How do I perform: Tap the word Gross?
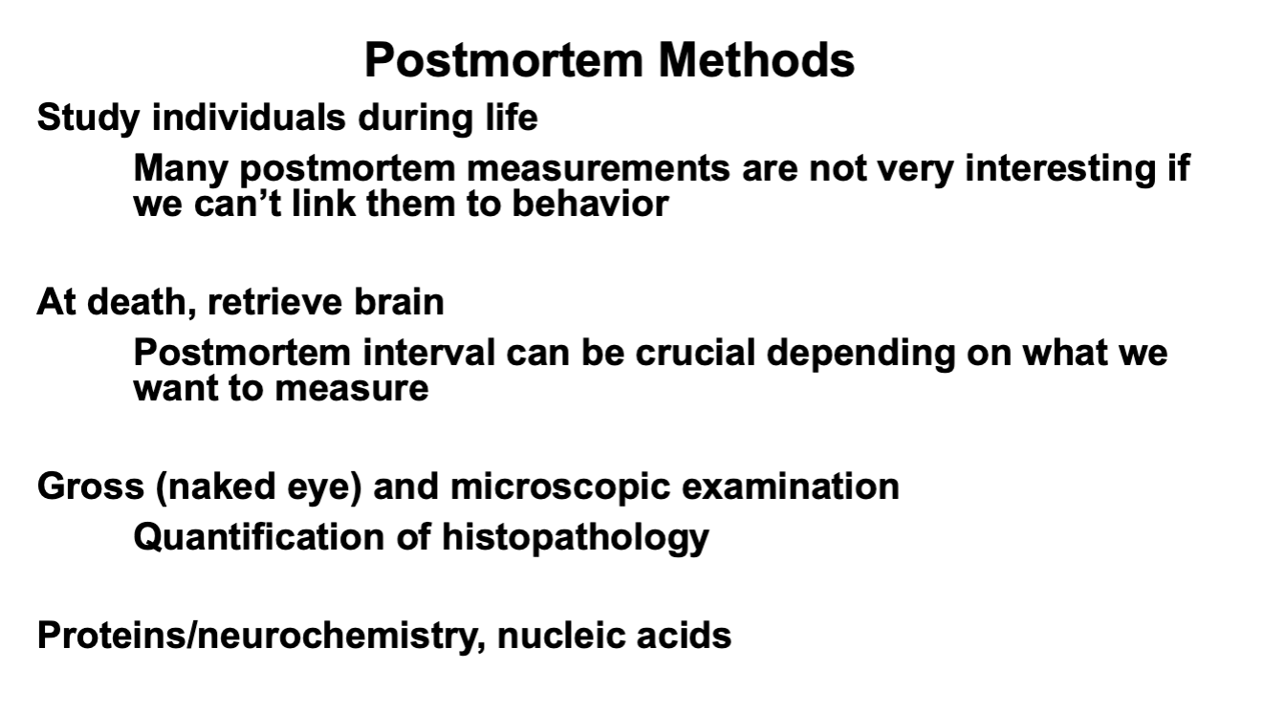(x=86, y=486)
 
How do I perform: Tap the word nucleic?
(x=553, y=636)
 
